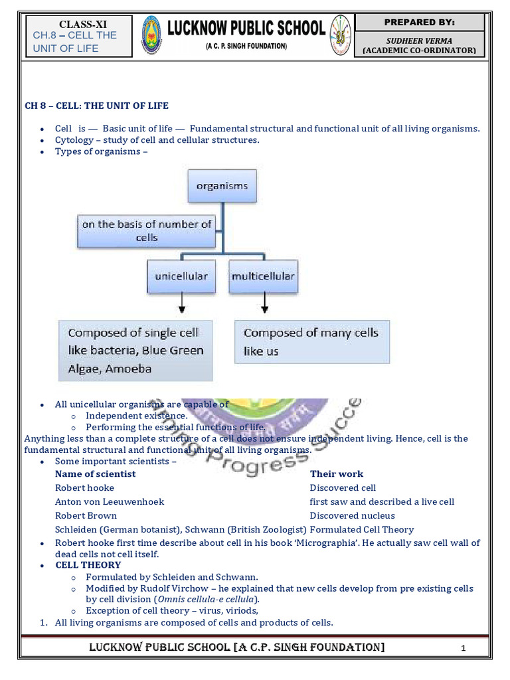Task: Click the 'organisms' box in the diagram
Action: tap(222, 186)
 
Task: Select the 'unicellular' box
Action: tap(181, 276)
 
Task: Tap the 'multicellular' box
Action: tap(263, 276)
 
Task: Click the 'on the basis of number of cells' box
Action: tap(147, 231)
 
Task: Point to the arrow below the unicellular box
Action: tap(182, 304)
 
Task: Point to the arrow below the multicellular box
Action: tap(265, 304)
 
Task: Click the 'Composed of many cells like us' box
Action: tap(311, 341)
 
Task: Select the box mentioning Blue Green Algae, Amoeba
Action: tap(135, 351)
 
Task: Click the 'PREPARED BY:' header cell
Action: tap(419, 23)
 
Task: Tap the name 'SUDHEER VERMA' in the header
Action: tap(419, 41)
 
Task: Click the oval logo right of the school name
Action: tap(340, 36)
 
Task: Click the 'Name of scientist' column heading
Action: tap(95, 474)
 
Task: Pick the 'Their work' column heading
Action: tap(337, 474)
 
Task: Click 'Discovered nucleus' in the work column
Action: tap(352, 516)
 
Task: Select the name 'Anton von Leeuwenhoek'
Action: tap(110, 502)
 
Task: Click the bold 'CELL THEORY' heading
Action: tap(88, 565)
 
